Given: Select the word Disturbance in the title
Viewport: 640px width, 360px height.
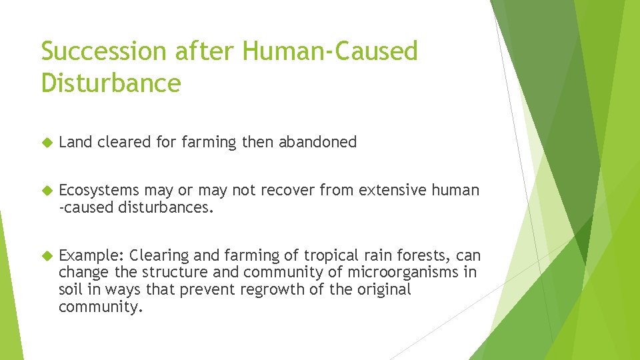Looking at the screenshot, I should pyautogui.click(x=111, y=83).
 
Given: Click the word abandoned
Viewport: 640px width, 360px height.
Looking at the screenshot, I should pyautogui.click(x=317, y=142).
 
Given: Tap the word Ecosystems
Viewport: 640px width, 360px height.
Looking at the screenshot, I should pyautogui.click(x=99, y=191).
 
